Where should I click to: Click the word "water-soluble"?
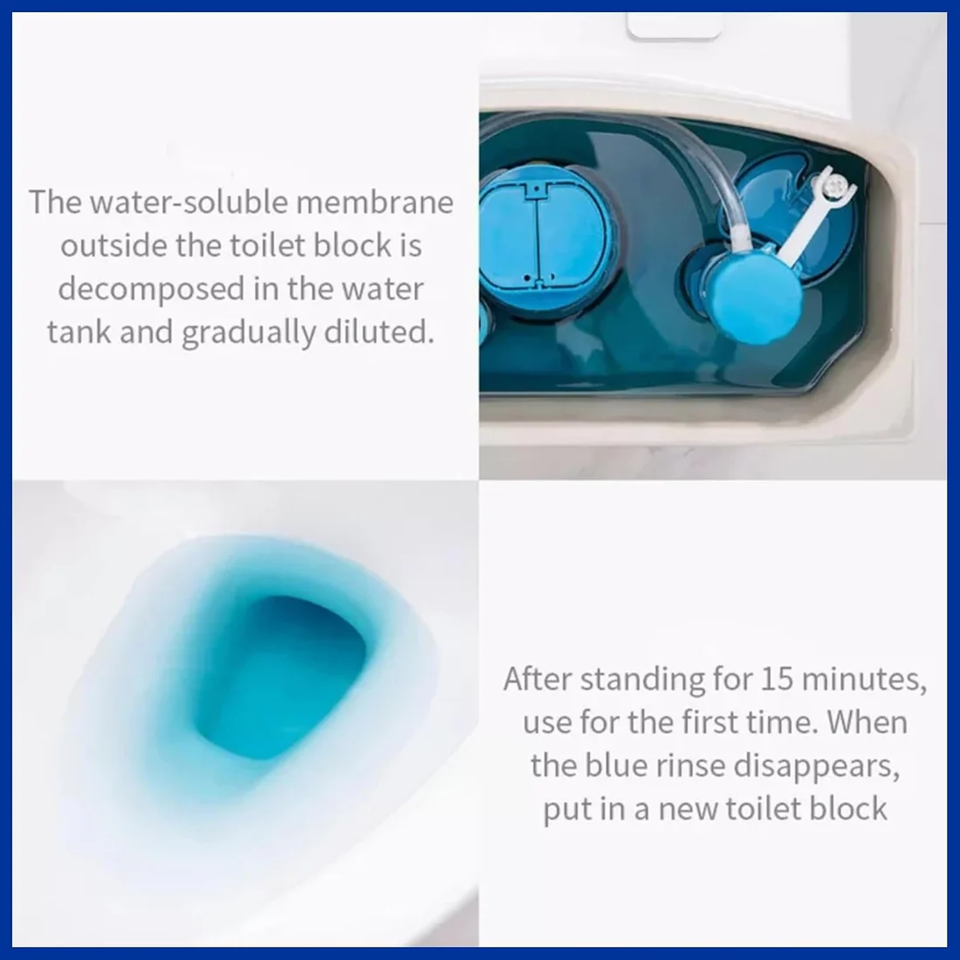click(189, 202)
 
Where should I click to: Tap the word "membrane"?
click(374, 202)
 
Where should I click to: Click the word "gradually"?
click(249, 333)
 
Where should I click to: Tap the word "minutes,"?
click(865, 680)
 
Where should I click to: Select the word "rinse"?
click(686, 766)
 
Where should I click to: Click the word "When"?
click(867, 723)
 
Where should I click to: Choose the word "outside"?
click(113, 245)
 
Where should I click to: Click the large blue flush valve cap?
click(541, 241)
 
